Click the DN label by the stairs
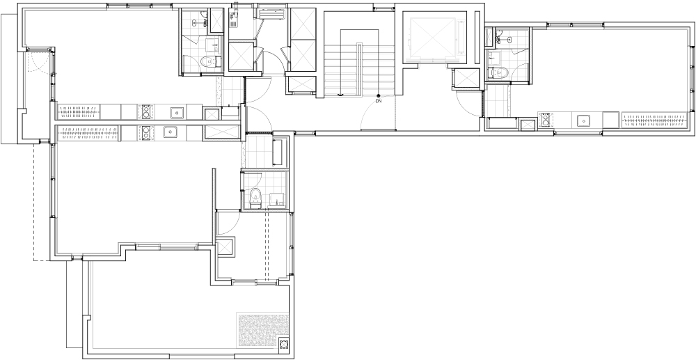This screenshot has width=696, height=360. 378,101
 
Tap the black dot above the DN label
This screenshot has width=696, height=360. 378,95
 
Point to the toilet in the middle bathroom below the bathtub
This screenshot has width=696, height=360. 255,198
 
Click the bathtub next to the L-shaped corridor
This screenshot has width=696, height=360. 280,152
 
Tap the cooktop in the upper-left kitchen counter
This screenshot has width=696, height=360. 145,112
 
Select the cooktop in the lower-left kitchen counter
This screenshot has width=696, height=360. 145,133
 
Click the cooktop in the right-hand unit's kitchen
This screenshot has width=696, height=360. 546,120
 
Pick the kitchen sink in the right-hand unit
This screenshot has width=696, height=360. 581,120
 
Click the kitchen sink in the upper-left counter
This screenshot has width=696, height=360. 177,113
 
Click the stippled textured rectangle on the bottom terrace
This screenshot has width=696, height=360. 262,331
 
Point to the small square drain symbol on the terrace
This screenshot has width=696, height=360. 284,343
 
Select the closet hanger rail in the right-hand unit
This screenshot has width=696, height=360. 655,120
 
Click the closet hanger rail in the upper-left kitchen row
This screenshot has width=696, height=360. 79,112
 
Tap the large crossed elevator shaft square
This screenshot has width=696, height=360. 432,38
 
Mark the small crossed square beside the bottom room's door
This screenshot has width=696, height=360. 225,247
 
